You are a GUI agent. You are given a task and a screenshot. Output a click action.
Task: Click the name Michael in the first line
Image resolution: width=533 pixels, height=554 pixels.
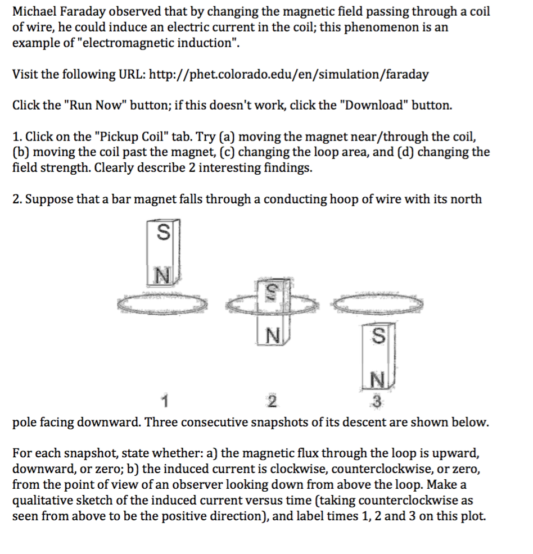click(x=33, y=12)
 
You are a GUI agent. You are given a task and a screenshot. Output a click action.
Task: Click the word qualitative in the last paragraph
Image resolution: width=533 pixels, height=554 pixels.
click(x=42, y=500)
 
